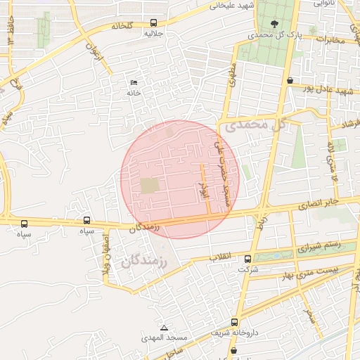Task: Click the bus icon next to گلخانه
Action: [154, 22]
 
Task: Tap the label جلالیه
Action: [154, 33]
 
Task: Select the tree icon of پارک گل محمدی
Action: [274, 23]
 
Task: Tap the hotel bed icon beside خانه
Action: [134, 83]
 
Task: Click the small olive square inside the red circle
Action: [149, 186]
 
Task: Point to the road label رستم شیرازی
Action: [319, 247]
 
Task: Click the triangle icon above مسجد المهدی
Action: [164, 328]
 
